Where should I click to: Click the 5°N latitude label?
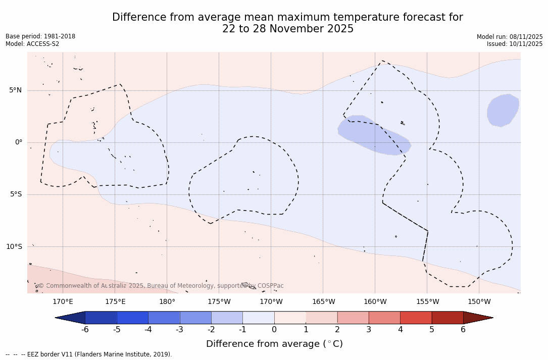[15, 90]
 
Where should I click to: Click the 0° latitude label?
[19, 142]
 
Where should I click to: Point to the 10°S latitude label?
[14, 247]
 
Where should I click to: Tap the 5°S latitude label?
[15, 194]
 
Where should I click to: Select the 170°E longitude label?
[63, 302]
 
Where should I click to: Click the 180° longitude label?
[167, 302]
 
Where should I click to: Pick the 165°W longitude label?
[323, 302]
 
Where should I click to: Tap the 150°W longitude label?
[479, 302]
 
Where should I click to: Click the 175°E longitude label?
[115, 302]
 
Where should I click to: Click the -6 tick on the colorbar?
[85, 330]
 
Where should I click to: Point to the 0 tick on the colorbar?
[274, 330]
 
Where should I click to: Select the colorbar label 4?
[400, 330]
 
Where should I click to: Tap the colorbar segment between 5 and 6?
[447, 318]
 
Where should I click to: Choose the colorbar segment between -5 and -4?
[132, 318]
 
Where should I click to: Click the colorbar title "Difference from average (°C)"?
[274, 344]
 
